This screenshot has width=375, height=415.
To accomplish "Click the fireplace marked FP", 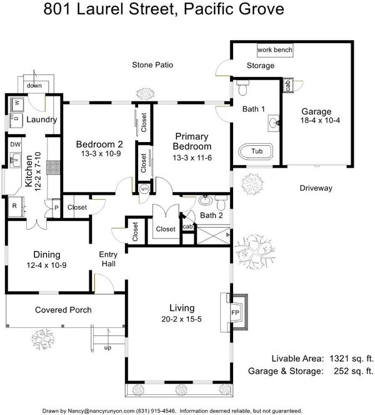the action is click(234, 312).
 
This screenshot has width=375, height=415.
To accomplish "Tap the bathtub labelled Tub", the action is click(256, 151).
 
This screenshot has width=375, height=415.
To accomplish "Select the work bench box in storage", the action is click(275, 50).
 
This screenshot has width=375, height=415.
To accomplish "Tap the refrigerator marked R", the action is click(16, 207).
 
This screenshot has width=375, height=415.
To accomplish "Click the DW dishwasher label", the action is click(16, 145).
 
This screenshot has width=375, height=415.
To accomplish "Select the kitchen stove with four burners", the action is click(53, 168).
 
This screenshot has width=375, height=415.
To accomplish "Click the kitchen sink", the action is click(16, 160).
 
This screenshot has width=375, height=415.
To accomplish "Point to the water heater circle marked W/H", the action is click(144, 189).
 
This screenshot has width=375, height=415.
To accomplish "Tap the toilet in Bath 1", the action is click(243, 88).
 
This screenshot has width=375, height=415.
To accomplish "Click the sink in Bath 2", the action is click(205, 200).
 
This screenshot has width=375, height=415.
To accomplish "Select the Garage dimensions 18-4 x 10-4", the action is click(320, 120).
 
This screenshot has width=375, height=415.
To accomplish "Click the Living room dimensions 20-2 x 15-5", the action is click(181, 319).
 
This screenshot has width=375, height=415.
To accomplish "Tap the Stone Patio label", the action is click(152, 65).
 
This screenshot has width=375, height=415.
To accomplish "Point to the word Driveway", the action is click(316, 188).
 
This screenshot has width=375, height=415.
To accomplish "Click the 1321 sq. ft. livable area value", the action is click(351, 359).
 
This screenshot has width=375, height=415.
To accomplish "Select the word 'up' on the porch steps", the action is click(107, 348).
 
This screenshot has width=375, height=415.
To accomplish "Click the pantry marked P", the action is click(56, 208).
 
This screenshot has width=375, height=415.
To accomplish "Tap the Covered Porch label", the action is click(63, 310).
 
